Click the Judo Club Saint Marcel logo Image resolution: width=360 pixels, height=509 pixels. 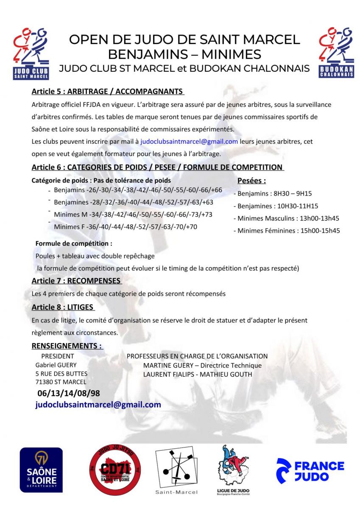click(31, 53)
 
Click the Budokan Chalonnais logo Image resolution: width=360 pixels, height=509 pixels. click(336, 53)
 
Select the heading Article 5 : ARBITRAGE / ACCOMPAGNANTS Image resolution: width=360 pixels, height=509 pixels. click(108, 91)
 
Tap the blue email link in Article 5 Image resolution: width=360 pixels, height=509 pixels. click(189, 141)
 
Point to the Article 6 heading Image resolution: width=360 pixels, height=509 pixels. click(157, 167)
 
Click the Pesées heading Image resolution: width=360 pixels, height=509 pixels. click(251, 180)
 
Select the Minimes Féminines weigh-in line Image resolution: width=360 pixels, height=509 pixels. click(287, 231)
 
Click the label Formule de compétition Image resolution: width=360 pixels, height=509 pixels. click(74, 243)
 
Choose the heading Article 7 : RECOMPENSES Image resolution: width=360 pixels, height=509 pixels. click(76, 281)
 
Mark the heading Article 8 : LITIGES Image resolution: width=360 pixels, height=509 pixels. click(63, 307)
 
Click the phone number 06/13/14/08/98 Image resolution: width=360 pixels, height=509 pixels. click(69, 393)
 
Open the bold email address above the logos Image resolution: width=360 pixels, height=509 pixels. click(98, 405)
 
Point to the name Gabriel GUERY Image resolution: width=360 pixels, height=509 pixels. click(56, 365)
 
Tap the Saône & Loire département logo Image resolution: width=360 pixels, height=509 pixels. click(41, 470)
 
